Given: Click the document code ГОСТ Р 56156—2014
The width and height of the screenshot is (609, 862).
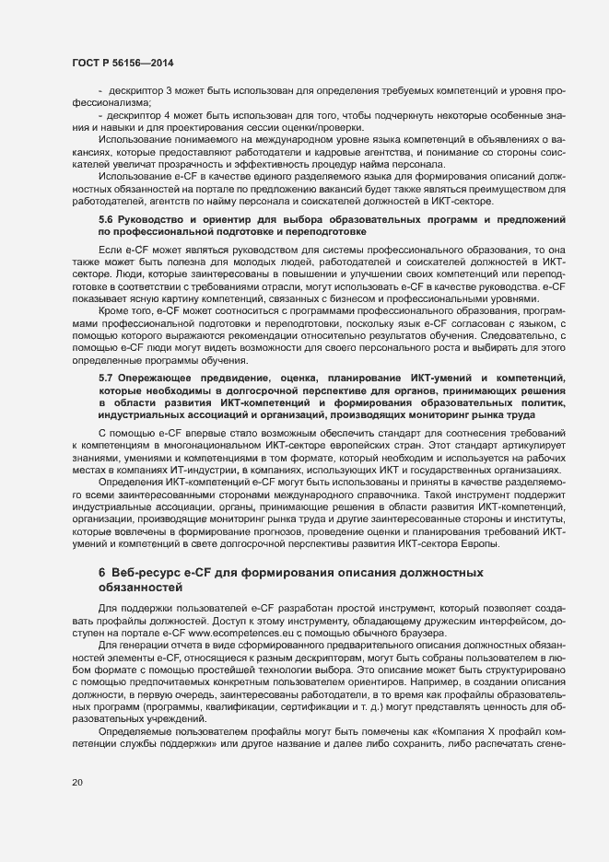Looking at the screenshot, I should point(122,62).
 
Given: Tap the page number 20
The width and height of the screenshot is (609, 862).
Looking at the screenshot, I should point(76,781).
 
